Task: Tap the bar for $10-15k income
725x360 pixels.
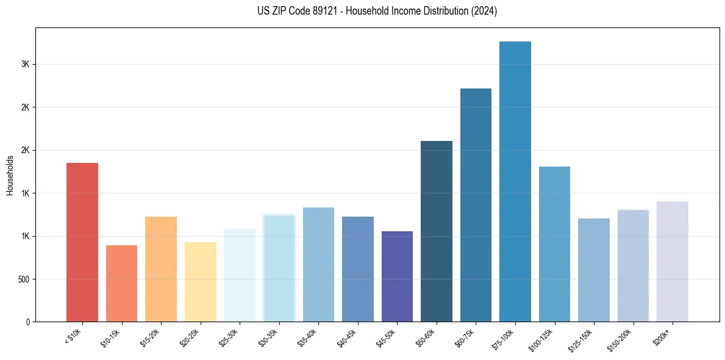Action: tap(121, 284)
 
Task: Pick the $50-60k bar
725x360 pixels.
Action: tap(437, 231)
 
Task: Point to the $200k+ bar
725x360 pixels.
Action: tap(672, 262)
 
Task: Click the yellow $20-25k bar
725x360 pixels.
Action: tap(200, 282)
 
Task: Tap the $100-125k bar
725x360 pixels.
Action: tap(554, 244)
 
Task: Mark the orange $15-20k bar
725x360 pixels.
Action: tap(161, 269)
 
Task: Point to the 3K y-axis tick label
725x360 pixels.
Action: tap(26, 65)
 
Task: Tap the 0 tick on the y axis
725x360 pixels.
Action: tap(28, 322)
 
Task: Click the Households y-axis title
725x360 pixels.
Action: tap(10, 175)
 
